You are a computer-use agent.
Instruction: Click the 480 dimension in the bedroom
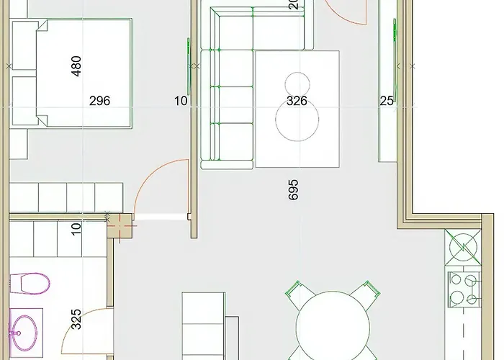(76, 66)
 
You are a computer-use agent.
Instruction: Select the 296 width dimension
(99, 102)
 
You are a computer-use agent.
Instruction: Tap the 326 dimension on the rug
(297, 102)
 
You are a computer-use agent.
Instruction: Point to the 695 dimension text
(292, 189)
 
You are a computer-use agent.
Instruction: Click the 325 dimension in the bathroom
(76, 319)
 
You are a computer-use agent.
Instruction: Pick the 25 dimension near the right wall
(387, 102)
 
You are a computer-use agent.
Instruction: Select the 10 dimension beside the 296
(180, 102)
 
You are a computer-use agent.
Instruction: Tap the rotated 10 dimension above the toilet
(76, 229)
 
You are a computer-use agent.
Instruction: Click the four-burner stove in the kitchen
(464, 289)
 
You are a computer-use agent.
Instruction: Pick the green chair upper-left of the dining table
(298, 294)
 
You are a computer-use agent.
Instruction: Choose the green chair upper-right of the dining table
(364, 294)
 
